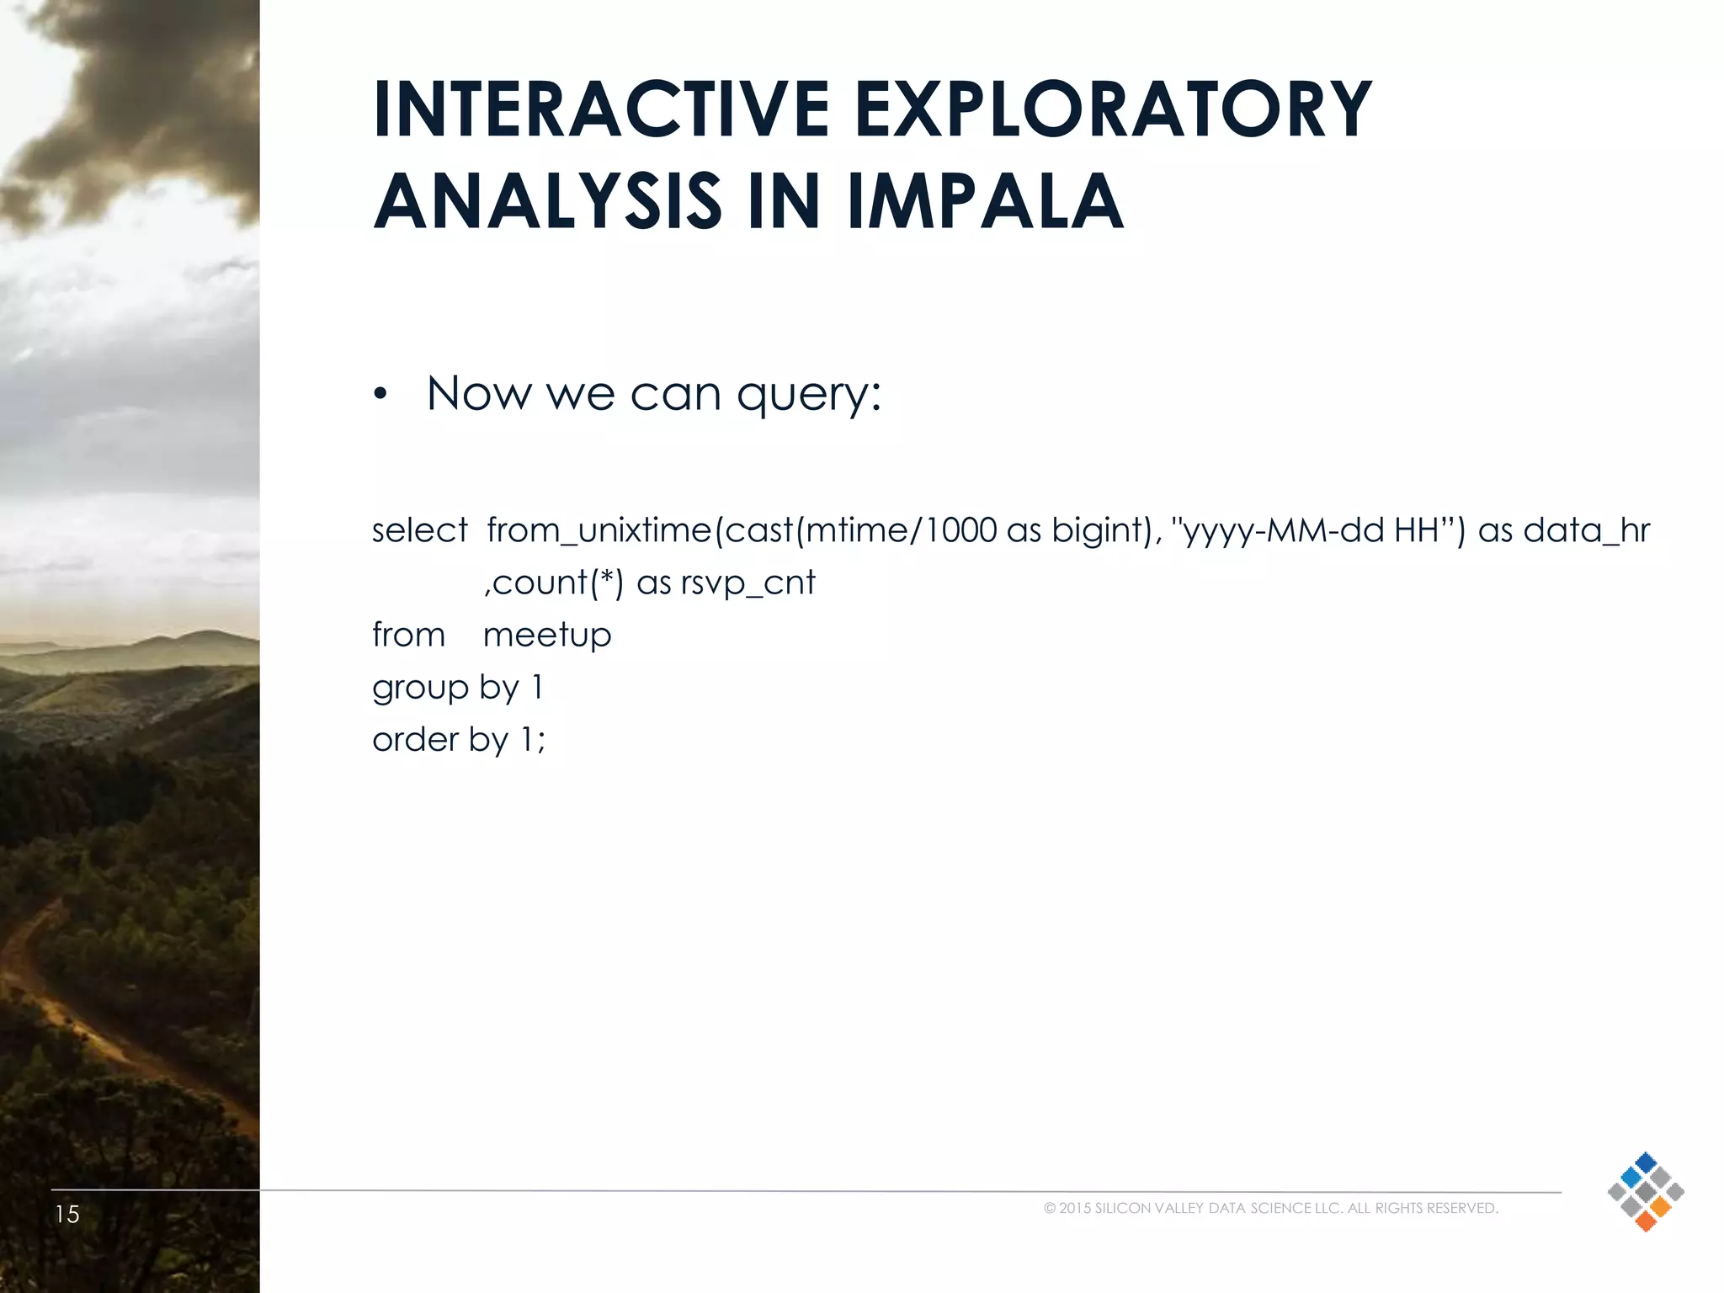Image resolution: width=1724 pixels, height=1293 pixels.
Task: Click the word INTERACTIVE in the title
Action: (601, 110)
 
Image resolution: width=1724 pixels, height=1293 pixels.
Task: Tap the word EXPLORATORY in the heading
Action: (1113, 110)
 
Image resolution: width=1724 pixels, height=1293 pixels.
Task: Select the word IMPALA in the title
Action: (985, 202)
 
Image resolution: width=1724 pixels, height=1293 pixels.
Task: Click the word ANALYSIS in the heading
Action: (547, 202)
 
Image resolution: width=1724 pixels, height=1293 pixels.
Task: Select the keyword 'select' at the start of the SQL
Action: (419, 530)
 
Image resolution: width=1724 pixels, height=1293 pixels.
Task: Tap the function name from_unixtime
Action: (599, 530)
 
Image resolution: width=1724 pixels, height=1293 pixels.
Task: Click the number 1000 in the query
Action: (960, 530)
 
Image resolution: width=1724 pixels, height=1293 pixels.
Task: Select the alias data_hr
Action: (1586, 530)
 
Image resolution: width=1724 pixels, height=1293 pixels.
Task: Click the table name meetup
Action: (547, 635)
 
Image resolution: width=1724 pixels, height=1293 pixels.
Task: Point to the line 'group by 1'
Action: (458, 688)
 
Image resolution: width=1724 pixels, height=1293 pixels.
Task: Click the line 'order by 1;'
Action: (459, 740)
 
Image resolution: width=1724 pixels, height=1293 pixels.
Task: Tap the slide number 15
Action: (67, 1214)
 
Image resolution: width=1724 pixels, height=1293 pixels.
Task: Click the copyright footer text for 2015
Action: (1270, 1208)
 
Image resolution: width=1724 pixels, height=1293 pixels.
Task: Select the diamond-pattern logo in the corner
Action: (1645, 1191)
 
